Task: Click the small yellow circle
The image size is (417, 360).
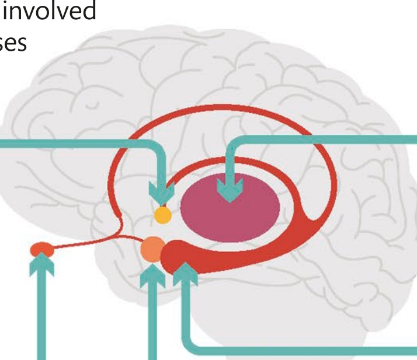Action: point(162,215)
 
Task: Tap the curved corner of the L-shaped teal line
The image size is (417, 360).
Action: point(191,347)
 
